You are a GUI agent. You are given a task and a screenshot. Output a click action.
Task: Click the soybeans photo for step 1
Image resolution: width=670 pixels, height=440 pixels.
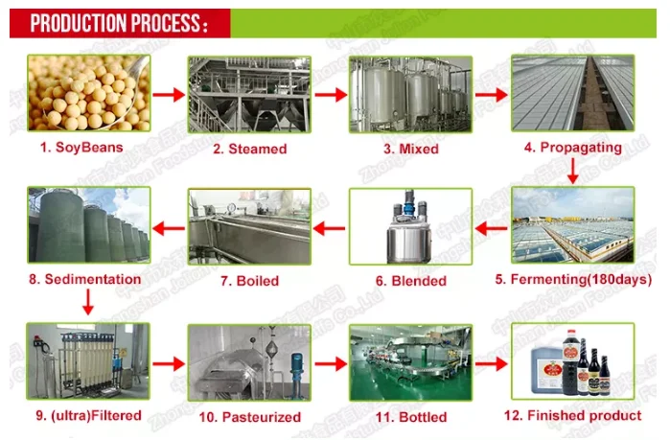[89, 93]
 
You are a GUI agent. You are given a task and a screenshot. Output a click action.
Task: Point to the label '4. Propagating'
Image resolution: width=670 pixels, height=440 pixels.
[573, 148]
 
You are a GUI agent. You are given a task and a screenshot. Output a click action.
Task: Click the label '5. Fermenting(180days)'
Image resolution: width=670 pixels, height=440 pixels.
[569, 280]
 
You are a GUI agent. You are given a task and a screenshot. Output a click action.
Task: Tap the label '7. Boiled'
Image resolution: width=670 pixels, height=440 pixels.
[249, 281]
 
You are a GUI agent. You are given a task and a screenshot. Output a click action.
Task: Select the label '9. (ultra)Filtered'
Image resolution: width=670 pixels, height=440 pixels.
[89, 415]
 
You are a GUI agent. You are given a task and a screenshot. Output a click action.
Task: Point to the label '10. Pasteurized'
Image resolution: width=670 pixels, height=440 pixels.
[249, 417]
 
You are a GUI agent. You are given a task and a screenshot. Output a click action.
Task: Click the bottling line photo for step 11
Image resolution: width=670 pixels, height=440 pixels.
[409, 362]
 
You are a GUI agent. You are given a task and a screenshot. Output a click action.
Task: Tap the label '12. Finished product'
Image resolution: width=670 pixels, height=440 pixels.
[573, 415]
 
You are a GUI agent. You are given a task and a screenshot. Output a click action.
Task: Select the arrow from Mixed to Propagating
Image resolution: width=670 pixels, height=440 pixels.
[490, 95]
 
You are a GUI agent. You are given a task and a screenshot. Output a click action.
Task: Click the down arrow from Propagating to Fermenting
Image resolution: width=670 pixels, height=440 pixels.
[573, 171]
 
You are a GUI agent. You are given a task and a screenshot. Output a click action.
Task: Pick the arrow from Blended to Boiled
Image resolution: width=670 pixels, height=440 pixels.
[329, 228]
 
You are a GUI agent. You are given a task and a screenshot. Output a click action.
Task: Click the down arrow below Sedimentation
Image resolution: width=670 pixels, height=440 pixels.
[87, 304]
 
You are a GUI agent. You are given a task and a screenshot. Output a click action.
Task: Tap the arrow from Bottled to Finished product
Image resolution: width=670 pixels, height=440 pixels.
[490, 365]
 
